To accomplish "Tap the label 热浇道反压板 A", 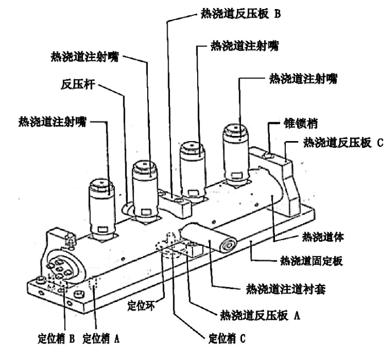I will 260,314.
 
